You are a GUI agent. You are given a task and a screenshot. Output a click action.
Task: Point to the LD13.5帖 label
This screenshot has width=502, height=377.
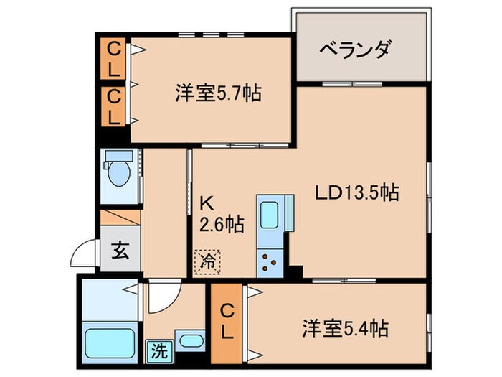358,192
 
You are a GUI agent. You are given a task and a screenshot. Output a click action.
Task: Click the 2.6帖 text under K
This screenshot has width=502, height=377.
221,225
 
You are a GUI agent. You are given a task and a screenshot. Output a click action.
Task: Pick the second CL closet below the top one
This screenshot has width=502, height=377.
114,105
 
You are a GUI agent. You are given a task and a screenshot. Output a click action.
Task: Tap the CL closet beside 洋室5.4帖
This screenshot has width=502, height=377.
227,323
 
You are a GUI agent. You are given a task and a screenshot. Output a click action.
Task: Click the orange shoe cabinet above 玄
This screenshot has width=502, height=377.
120,216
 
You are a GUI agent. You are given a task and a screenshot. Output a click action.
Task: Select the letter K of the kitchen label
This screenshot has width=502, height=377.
205,203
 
